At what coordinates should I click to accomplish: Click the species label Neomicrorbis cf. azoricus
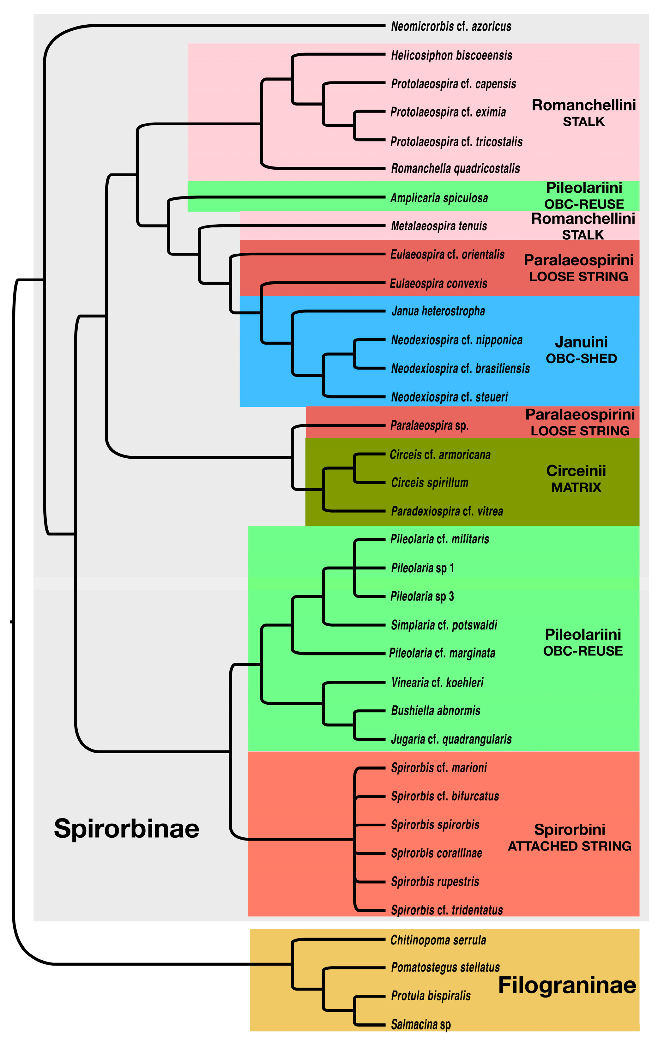(451, 27)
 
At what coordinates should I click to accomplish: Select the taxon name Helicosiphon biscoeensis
(451, 56)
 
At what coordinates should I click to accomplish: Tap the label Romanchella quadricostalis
(455, 168)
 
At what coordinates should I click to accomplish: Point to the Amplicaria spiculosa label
(439, 198)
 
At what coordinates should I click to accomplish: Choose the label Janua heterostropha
(438, 311)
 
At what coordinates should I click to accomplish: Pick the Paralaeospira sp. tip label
(429, 425)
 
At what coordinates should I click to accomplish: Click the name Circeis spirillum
(429, 483)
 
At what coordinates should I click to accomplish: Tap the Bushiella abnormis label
(435, 711)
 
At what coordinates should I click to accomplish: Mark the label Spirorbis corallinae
(436, 853)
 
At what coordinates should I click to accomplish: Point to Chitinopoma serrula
(438, 940)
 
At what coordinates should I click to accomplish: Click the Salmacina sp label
(421, 1025)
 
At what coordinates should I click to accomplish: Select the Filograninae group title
(567, 986)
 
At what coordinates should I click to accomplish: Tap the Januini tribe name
(581, 342)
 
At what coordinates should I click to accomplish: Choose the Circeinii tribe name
(576, 471)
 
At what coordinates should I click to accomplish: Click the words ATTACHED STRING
(569, 846)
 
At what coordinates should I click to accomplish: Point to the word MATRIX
(576, 488)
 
